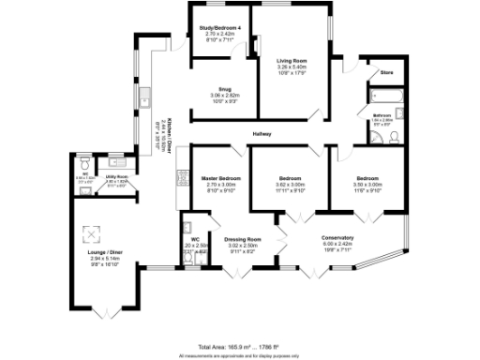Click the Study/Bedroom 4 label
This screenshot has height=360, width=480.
coord(221,28)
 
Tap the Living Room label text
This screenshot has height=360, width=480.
coord(292,62)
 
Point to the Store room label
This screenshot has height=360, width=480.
coord(385,72)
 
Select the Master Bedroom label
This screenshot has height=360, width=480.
coord(221,177)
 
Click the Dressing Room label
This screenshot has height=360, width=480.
coord(242,239)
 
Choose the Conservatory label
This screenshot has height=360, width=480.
coord(337,237)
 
